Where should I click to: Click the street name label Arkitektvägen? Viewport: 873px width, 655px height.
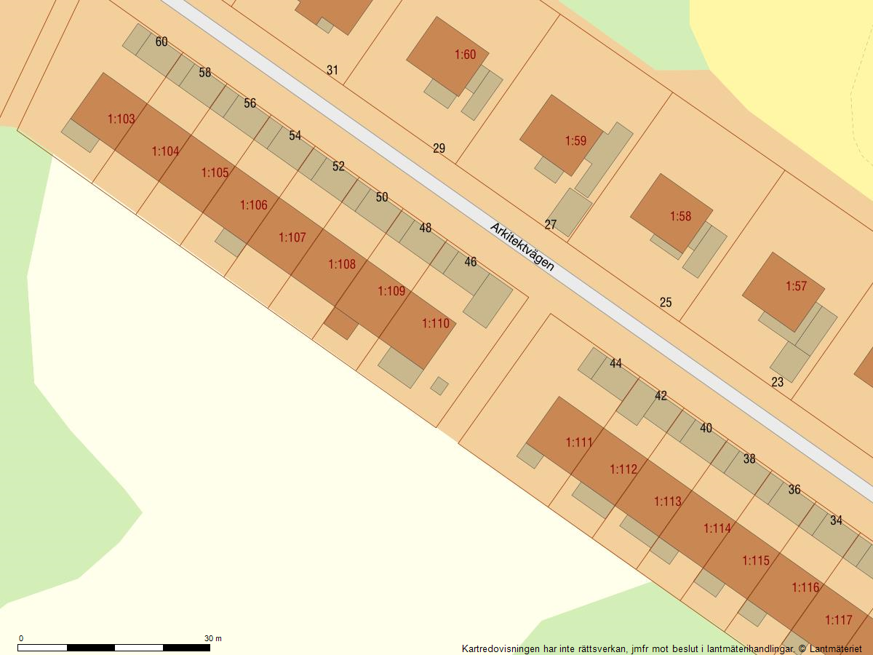(x=522, y=247)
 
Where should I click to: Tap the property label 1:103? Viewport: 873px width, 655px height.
(x=121, y=119)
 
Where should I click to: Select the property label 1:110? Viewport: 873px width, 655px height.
(x=436, y=323)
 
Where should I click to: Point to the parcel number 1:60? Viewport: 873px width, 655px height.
(x=465, y=55)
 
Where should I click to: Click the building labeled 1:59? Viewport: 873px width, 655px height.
(x=575, y=140)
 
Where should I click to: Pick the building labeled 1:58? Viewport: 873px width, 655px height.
(x=680, y=216)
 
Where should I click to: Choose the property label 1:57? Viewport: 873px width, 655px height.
(x=796, y=286)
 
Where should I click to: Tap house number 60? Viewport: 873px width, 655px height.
(x=162, y=42)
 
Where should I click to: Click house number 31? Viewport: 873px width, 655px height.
(x=332, y=71)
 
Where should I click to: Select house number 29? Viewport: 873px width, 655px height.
(x=439, y=148)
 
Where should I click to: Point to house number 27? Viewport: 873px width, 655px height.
(x=551, y=225)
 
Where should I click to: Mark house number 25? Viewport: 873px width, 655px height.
(x=666, y=303)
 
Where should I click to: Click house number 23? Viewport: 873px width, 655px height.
(x=778, y=382)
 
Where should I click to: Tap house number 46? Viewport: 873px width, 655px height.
(x=471, y=262)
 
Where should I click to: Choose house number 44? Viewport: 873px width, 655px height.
(x=615, y=364)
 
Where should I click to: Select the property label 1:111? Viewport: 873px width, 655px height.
(x=579, y=442)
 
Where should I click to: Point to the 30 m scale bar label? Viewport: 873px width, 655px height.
(x=212, y=638)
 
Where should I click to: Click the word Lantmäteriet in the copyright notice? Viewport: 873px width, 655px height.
(x=836, y=648)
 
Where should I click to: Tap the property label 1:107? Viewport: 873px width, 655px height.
(x=292, y=237)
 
